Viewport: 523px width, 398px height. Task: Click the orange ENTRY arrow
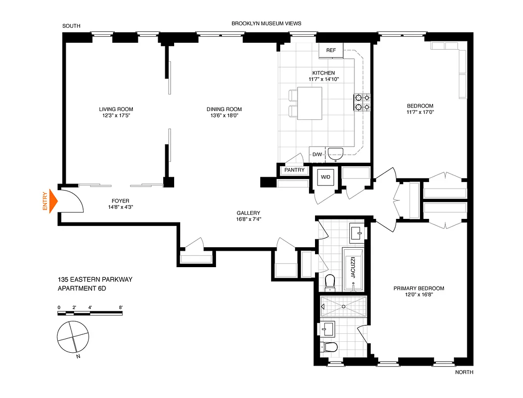click(x=53, y=202)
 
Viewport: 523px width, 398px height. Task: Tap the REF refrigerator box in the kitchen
click(x=331, y=50)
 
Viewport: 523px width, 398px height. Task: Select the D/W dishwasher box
click(x=317, y=154)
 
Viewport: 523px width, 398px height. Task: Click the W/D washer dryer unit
click(x=325, y=177)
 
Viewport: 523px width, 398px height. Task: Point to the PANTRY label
click(x=294, y=170)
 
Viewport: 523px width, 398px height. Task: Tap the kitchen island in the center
click(x=309, y=103)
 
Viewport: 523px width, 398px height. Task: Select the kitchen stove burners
click(x=362, y=102)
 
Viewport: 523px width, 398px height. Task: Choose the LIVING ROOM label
click(x=116, y=109)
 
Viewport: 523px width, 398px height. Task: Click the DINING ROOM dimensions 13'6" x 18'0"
click(x=224, y=115)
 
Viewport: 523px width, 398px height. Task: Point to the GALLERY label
click(x=248, y=213)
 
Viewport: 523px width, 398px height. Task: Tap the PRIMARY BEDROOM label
click(x=418, y=288)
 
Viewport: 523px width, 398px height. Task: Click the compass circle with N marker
click(x=73, y=336)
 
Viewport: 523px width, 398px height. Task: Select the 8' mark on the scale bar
click(x=120, y=307)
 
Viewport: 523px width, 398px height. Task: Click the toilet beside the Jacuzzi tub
click(x=330, y=283)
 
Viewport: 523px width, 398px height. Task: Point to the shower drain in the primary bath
click(x=343, y=306)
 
